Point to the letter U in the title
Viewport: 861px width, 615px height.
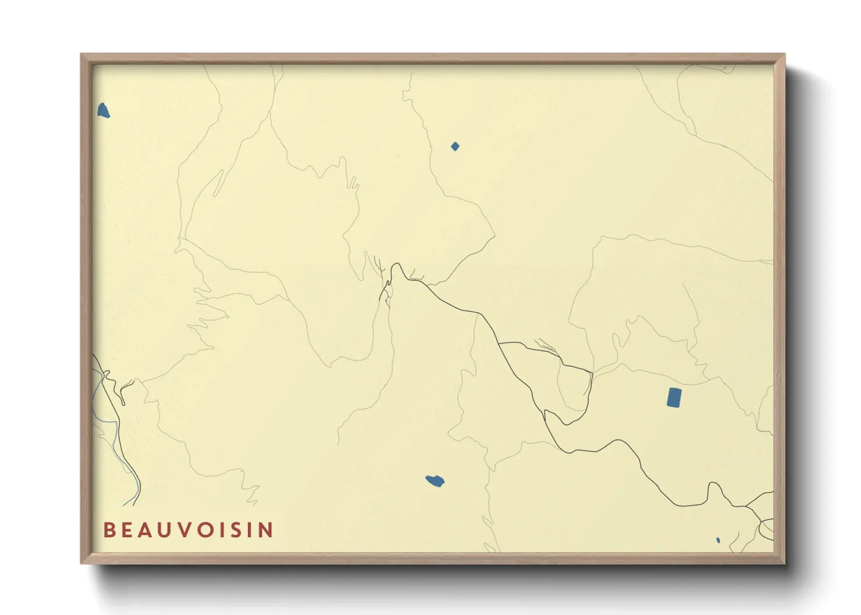click(x=167, y=530)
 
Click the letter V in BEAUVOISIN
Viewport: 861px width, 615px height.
click(x=186, y=530)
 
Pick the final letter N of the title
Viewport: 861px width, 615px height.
click(x=266, y=530)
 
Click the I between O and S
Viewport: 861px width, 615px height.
click(x=223, y=530)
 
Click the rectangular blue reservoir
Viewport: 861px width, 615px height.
click(x=674, y=398)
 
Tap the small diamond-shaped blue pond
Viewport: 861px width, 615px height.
click(x=455, y=146)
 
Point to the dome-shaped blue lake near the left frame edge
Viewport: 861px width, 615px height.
click(x=103, y=110)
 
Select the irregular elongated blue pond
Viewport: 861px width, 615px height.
click(x=435, y=481)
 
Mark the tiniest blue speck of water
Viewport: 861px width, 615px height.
click(x=718, y=540)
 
